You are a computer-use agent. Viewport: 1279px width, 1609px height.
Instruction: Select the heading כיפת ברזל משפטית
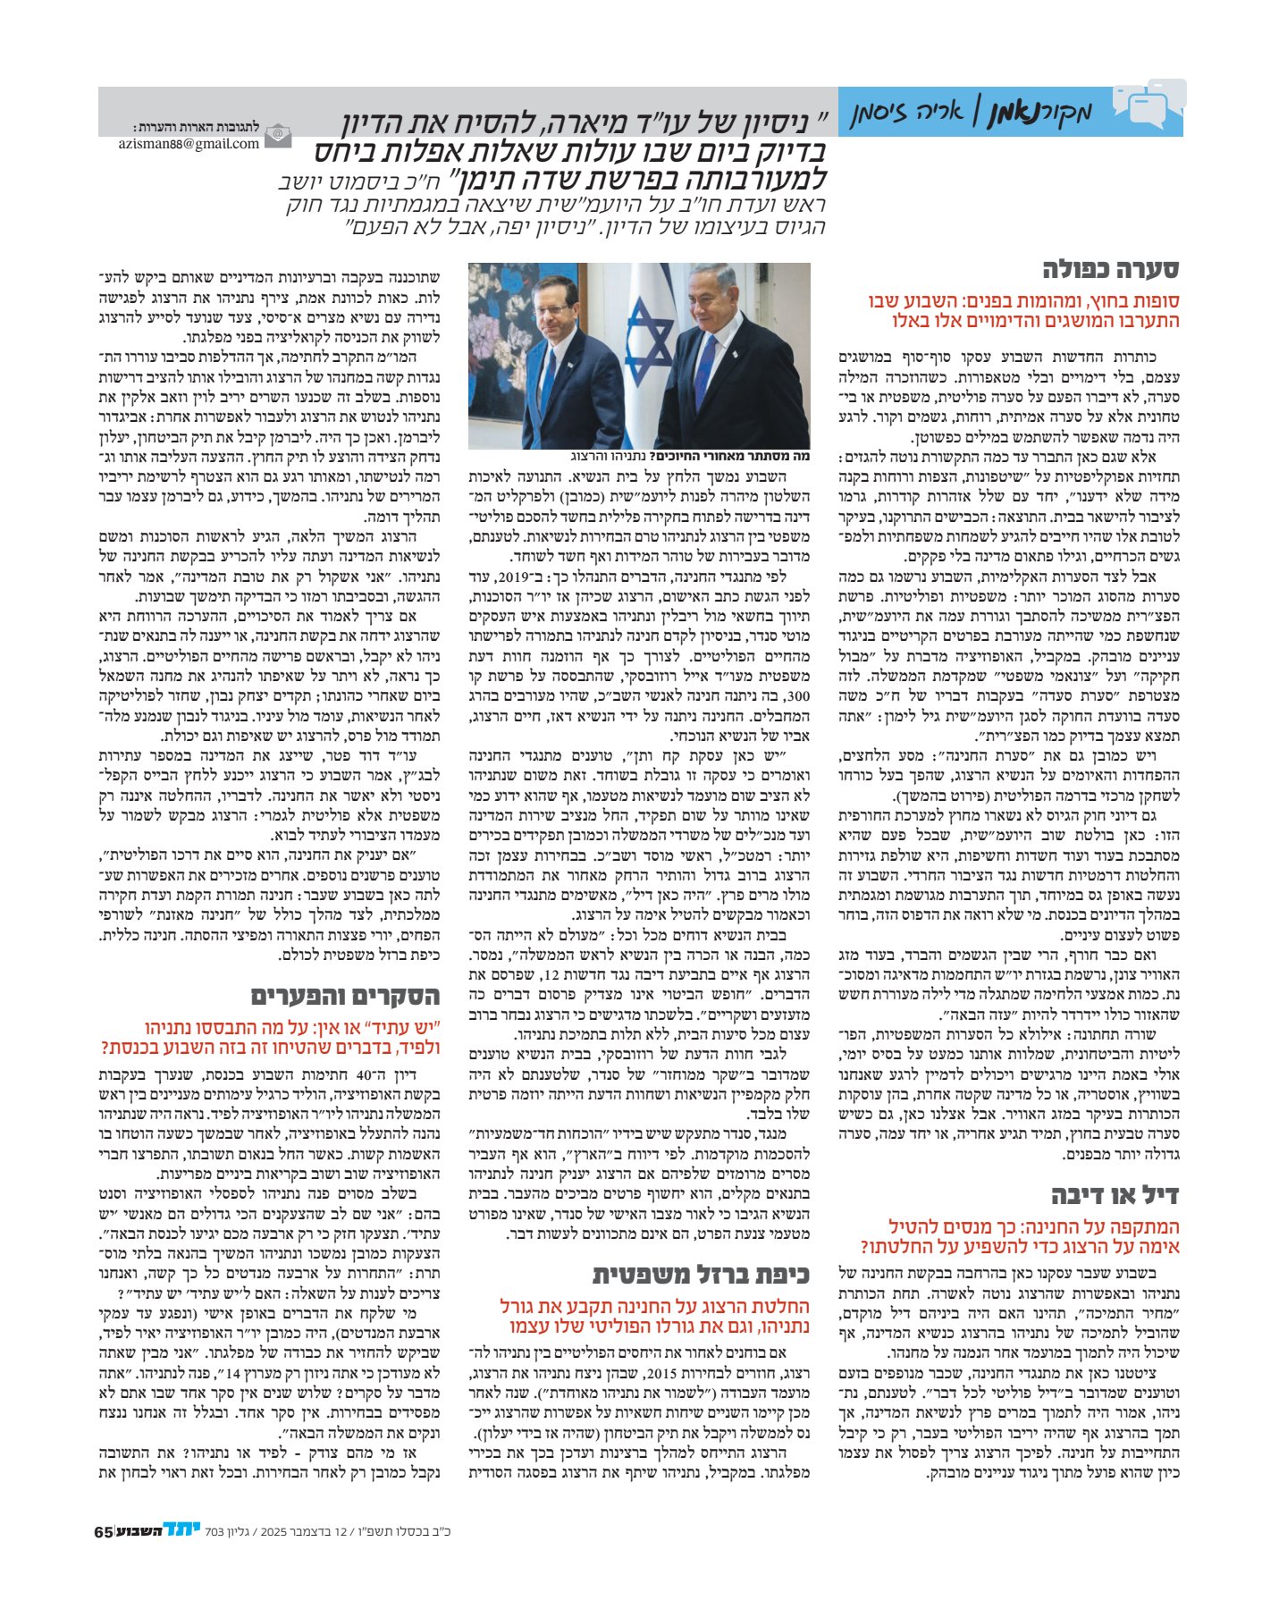[701, 1274]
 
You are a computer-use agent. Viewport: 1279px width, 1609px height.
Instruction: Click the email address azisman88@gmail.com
[189, 143]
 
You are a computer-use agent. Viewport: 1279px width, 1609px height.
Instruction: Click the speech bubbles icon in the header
[1149, 105]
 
